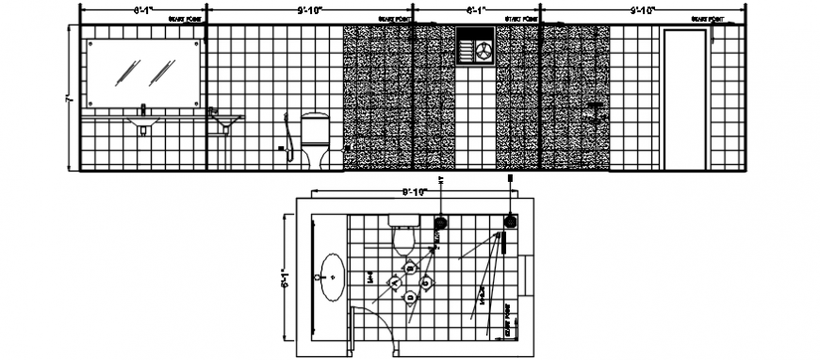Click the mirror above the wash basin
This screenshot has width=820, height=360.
(143, 73)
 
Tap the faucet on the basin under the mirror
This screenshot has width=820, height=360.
(142, 109)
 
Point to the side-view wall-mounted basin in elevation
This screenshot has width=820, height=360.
(224, 120)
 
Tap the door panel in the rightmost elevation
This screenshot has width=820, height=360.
(684, 100)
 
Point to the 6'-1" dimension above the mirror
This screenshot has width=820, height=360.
(142, 10)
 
